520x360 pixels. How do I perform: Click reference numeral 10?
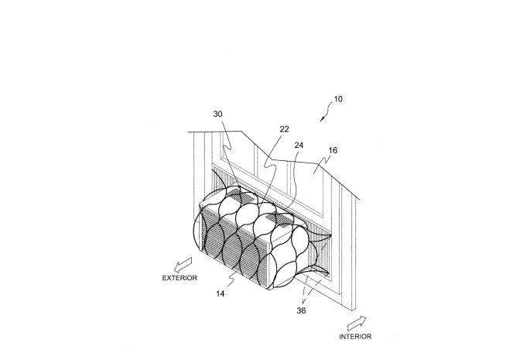coord(338,99)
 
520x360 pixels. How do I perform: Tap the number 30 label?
coord(217,114)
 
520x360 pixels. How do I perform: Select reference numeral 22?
coord(284,129)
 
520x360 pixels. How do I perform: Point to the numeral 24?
coord(299,145)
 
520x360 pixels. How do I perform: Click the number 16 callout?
coord(333,150)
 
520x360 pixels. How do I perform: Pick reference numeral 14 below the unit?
coord(221,293)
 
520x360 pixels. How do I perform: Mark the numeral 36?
coord(301,310)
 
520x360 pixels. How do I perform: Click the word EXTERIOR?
coord(180,278)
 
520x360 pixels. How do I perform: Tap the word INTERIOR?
coord(355,337)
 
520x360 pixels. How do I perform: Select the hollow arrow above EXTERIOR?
coord(183,264)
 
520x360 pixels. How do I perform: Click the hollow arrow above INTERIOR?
coord(357,323)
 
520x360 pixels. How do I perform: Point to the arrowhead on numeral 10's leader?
coord(321,119)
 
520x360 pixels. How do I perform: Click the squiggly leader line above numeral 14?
coord(231,278)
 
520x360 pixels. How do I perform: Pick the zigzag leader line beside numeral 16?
coord(320,163)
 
